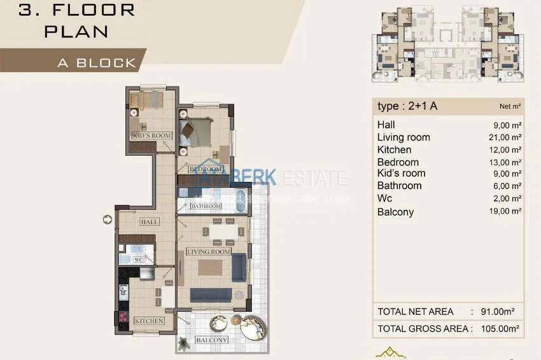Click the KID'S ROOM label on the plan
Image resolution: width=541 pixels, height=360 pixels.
pyautogui.click(x=151, y=135)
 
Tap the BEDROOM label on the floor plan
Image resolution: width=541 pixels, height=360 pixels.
pyautogui.click(x=205, y=169)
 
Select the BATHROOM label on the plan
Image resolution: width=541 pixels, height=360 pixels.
pyautogui.click(x=206, y=206)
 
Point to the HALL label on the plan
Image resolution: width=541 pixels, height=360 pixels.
pyautogui.click(x=150, y=222)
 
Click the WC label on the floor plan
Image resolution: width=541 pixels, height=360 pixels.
pyautogui.click(x=138, y=260)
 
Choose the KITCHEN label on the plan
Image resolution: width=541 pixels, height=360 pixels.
pyautogui.click(x=149, y=321)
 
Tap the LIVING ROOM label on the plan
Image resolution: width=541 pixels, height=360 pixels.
pyautogui.click(x=208, y=252)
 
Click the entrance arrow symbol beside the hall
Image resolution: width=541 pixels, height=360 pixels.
pyautogui.click(x=106, y=219)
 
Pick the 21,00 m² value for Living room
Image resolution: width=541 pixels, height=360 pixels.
pyautogui.click(x=503, y=137)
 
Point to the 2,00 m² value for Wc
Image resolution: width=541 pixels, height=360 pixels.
pyautogui.click(x=505, y=199)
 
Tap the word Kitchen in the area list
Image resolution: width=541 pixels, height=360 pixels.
pyautogui.click(x=394, y=150)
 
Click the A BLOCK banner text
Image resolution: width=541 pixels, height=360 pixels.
pyautogui.click(x=97, y=63)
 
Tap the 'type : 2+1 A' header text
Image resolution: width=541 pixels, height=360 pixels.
pyautogui.click(x=407, y=106)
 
